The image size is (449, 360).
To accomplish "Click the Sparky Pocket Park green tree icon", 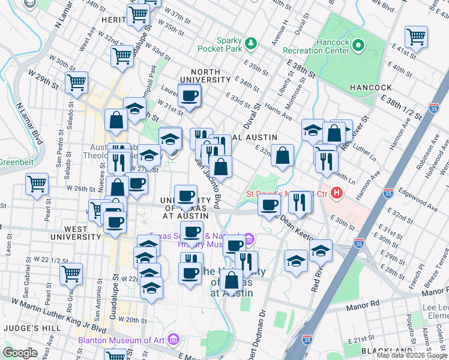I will (x=251, y=43).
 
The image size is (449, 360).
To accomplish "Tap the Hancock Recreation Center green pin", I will (x=358, y=44).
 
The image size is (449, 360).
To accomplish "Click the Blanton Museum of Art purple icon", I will (x=173, y=340).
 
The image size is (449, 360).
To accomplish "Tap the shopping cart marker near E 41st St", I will (x=415, y=37).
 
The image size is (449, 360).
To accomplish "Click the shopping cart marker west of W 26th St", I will (x=37, y=183).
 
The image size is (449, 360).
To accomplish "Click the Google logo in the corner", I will (x=20, y=353).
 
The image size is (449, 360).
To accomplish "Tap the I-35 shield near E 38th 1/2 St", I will (x=434, y=108).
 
